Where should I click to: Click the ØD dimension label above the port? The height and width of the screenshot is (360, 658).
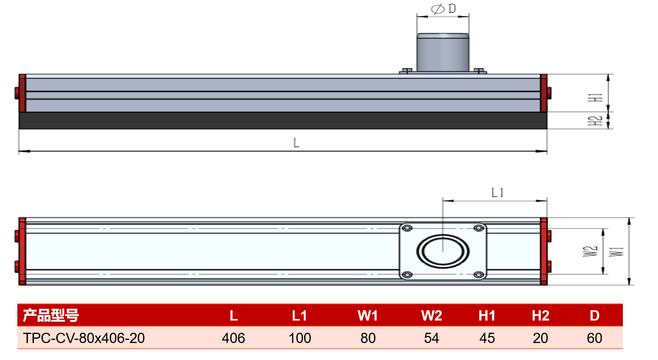443,9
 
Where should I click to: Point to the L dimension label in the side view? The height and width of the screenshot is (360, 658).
296,142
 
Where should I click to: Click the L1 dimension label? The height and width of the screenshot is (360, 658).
497,193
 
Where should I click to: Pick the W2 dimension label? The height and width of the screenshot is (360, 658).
590,251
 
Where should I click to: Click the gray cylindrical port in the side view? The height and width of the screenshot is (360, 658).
443,52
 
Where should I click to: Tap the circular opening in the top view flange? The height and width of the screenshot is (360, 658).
443,251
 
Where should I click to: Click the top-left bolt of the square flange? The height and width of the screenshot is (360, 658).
407,228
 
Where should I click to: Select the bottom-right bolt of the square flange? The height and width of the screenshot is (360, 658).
479,275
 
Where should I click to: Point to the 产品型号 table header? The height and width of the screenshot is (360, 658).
51,315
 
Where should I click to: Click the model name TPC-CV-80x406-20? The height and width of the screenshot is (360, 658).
84,338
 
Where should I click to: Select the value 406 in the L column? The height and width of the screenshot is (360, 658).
234,338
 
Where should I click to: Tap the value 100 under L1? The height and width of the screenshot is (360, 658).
300,338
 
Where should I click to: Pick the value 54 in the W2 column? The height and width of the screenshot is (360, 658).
432,338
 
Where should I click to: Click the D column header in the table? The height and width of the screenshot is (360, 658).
594,316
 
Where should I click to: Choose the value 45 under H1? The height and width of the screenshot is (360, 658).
487,338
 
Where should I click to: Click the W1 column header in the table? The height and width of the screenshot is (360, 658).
368,316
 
